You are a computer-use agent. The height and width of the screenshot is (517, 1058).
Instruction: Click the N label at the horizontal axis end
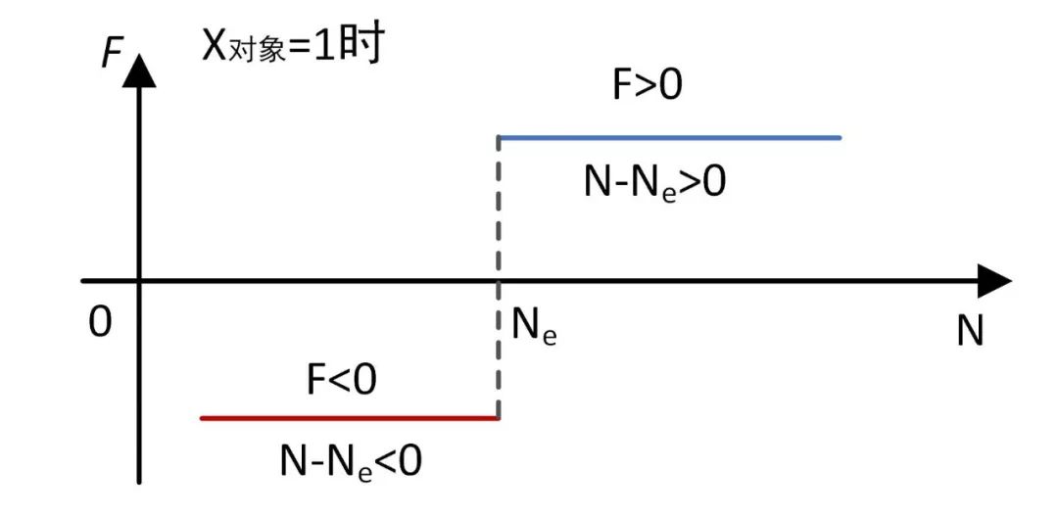point(969,332)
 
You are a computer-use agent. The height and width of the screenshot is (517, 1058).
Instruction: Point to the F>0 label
point(647,86)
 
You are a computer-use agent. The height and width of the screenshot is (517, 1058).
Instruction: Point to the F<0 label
point(341,380)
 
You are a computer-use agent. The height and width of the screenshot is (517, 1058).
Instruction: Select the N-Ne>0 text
point(654,182)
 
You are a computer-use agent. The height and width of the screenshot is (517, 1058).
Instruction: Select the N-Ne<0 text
point(351,461)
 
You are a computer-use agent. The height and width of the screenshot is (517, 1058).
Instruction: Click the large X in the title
point(215,45)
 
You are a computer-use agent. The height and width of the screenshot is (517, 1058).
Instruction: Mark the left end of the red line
point(202,418)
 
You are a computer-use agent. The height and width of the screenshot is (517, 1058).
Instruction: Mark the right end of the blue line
point(840,138)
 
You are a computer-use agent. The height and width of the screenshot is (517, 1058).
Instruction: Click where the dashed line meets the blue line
point(500,138)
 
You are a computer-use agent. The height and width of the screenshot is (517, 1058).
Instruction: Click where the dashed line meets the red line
point(500,418)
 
